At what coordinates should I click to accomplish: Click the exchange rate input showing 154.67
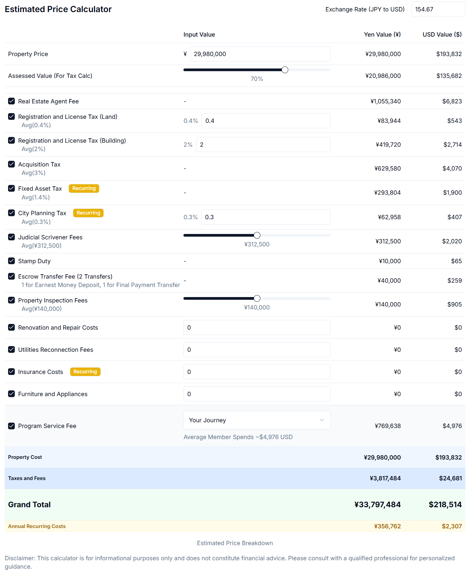(x=438, y=9)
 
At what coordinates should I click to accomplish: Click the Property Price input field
(x=260, y=54)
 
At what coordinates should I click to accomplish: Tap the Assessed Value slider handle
(x=285, y=70)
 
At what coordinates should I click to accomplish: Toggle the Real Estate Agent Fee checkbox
(x=11, y=101)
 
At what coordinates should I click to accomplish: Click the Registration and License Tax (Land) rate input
(x=265, y=121)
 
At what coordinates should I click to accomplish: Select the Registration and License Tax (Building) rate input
(x=263, y=145)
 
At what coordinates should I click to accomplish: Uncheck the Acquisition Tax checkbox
(x=11, y=164)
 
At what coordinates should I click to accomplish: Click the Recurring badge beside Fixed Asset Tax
(x=84, y=188)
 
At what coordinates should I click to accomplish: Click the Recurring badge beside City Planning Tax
(x=88, y=213)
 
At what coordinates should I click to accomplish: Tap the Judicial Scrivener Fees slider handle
(x=257, y=235)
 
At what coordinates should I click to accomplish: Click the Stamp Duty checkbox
(x=11, y=261)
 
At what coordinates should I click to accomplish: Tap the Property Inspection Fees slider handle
(x=257, y=298)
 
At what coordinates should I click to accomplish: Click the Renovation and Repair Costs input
(x=257, y=328)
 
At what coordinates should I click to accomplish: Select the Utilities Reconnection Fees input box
(x=257, y=350)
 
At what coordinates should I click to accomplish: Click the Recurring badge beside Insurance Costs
(x=85, y=372)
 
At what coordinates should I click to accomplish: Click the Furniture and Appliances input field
(x=257, y=394)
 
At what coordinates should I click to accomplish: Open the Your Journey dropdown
(x=257, y=420)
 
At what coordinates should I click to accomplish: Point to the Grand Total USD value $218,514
(x=445, y=505)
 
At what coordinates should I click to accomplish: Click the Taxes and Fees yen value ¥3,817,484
(x=385, y=478)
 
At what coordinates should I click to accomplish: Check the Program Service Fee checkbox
(x=11, y=426)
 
